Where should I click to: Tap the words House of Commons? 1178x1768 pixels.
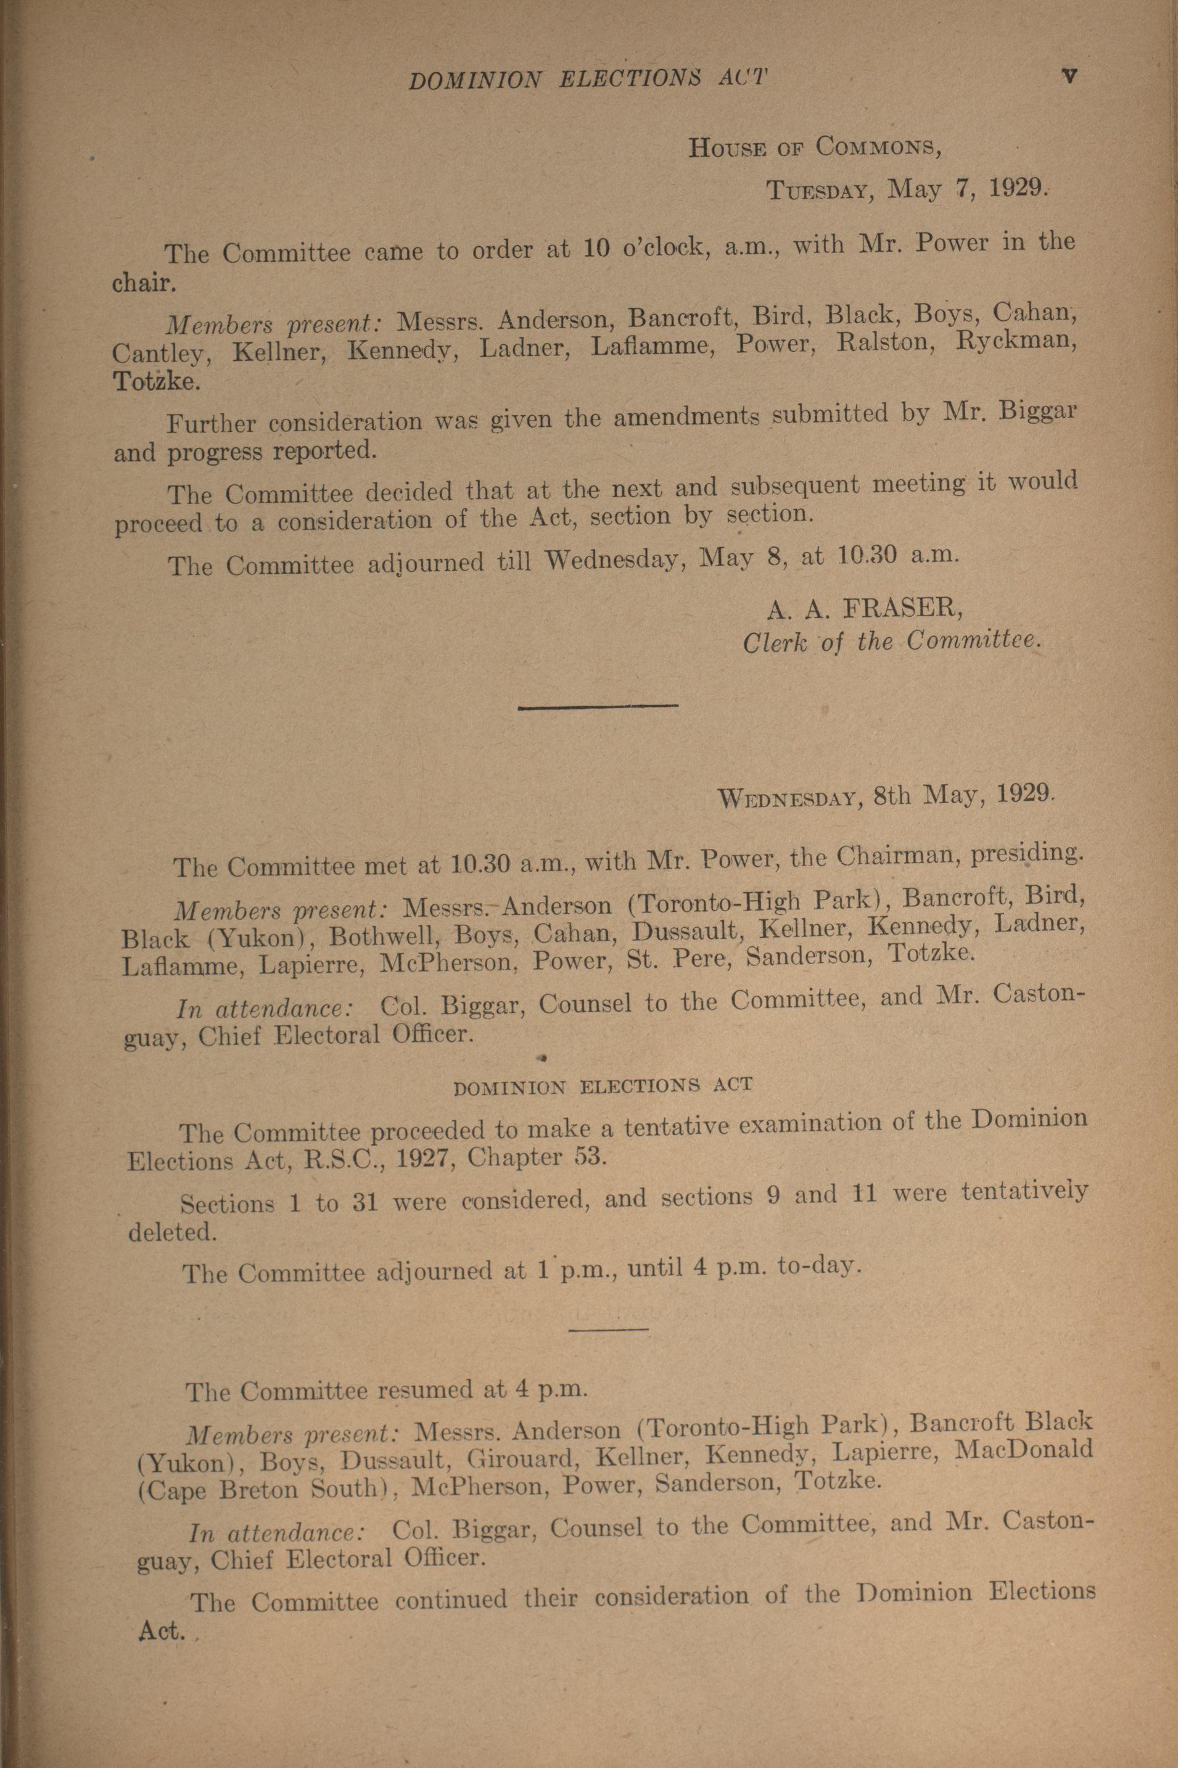(815, 147)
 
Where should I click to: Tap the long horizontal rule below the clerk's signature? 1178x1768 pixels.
(598, 705)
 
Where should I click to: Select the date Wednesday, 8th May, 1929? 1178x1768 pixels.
(886, 795)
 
